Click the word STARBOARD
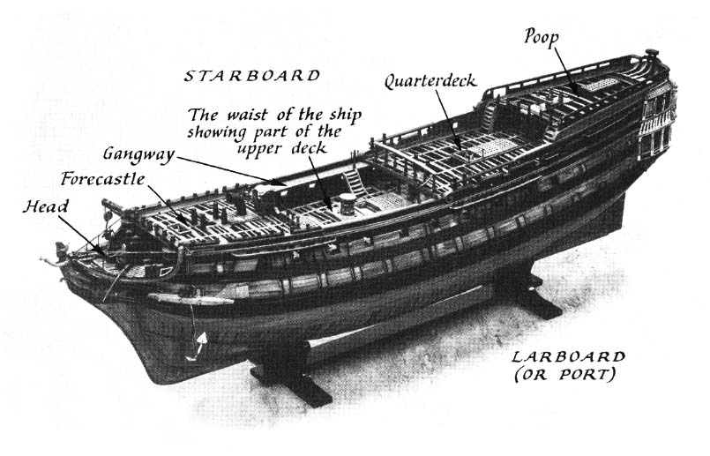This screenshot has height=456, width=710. coord(251,76)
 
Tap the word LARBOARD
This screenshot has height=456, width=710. coord(568,357)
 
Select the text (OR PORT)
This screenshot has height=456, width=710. coord(565,375)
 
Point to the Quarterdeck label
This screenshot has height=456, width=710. coord(430,81)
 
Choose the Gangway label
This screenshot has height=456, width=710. coord(138,154)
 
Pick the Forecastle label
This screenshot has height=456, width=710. coord(103,179)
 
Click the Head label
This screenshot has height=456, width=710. coord(45,207)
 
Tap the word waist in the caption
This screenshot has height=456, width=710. coord(247,115)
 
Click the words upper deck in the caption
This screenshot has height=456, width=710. coord(281,149)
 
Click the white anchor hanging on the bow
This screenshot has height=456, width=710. coord(198,347)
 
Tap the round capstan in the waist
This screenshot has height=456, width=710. coord(348,201)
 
